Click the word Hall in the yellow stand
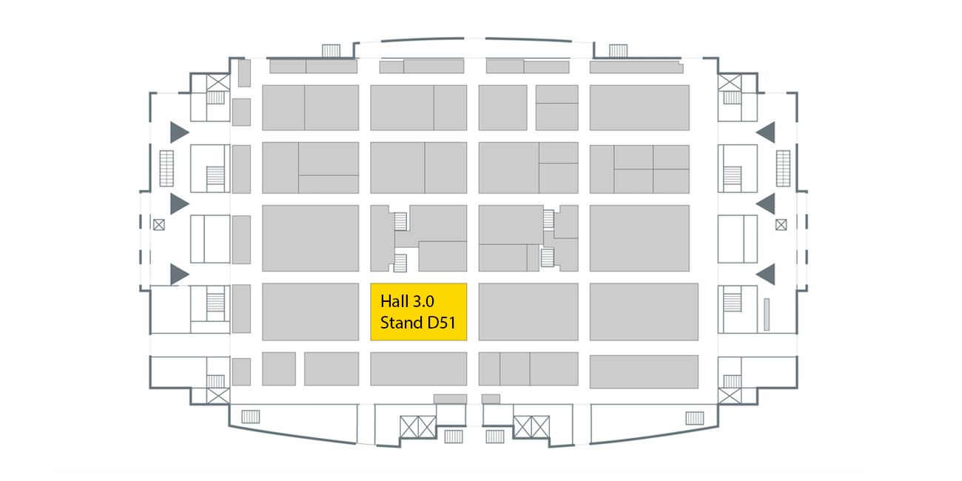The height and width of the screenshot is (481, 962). [393, 301]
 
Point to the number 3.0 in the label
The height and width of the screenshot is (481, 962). [423, 301]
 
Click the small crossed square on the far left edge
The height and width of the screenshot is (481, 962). [158, 223]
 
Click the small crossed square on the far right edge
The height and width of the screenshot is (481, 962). [781, 223]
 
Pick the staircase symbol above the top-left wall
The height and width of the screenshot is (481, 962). [330, 50]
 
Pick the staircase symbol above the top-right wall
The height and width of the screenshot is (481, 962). [618, 50]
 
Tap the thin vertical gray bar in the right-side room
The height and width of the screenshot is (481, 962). [767, 314]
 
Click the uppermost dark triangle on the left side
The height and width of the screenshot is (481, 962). [178, 132]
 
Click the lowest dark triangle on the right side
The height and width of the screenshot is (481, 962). [766, 274]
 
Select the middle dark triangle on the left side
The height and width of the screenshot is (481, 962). [178, 203]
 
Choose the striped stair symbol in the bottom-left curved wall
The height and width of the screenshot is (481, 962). [251, 417]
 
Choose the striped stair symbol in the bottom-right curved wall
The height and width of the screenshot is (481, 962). [694, 418]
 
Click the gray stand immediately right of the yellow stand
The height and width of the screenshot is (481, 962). [528, 312]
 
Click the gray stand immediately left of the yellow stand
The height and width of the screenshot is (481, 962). [310, 312]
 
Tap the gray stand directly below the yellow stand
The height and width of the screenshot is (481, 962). [418, 369]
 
